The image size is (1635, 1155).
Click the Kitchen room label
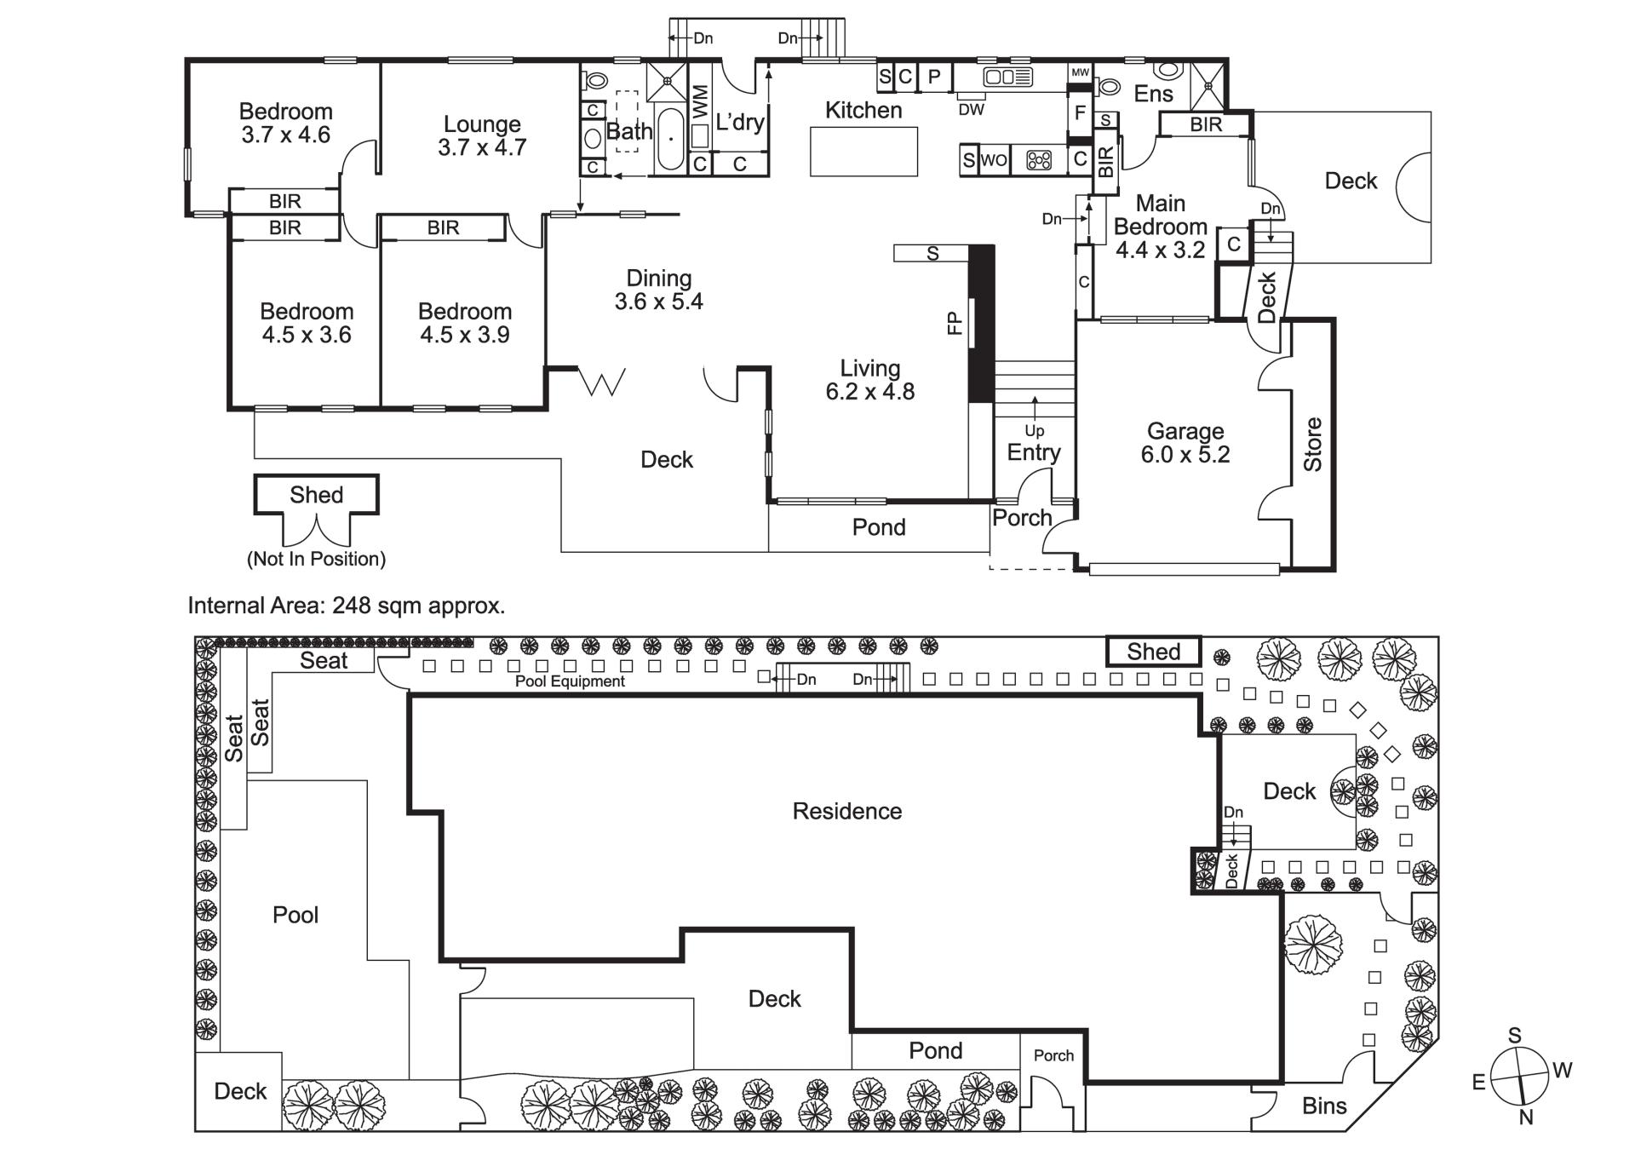[863, 110]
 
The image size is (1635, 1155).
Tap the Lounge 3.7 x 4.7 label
[482, 135]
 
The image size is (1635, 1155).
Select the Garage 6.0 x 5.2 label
[1185, 443]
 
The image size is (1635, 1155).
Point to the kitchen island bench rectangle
[863, 152]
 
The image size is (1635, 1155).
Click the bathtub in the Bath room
[670, 139]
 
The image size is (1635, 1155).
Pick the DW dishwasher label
[972, 110]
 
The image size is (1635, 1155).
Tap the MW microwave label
[1080, 73]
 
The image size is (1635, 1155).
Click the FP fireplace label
[955, 323]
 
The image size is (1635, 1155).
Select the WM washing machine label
[700, 102]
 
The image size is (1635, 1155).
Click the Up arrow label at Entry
[1035, 430]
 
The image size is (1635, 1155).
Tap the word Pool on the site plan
[295, 915]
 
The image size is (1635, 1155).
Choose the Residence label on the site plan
[847, 811]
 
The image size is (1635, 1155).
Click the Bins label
[1324, 1106]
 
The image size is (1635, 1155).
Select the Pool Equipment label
[570, 681]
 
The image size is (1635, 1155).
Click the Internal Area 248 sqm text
[347, 606]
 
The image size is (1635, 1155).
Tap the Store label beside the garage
[1313, 444]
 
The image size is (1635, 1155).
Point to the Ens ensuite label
[1153, 94]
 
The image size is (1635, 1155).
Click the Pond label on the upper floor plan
[879, 527]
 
